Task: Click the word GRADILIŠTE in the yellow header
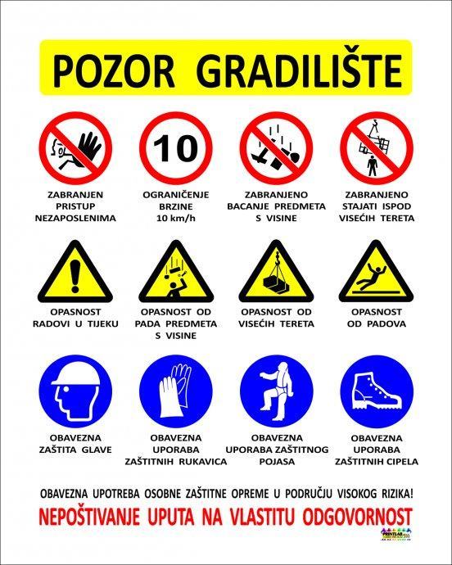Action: tap(301, 70)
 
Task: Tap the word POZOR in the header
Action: tap(114, 71)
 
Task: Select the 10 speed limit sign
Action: tap(175, 148)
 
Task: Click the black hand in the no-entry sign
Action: tap(88, 147)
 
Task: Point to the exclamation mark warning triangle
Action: tap(75, 272)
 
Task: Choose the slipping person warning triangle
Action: tap(376, 272)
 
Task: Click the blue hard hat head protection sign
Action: tap(75, 391)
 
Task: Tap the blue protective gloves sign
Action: tap(175, 391)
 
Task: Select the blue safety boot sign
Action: tap(377, 391)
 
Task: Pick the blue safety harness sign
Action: tap(277, 391)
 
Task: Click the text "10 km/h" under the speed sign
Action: tap(176, 219)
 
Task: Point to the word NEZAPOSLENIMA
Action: tap(75, 219)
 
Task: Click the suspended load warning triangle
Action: tap(276, 272)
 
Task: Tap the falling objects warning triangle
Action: tap(176, 272)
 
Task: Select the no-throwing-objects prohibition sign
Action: tap(276, 148)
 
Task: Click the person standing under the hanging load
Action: tap(373, 165)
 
